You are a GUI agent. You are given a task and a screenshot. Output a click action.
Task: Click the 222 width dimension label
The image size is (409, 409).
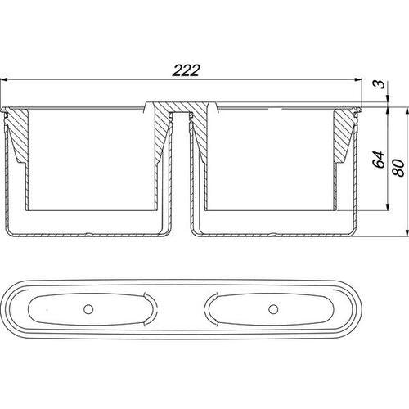tap(187, 70)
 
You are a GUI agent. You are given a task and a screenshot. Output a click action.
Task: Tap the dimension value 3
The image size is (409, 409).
tap(380, 83)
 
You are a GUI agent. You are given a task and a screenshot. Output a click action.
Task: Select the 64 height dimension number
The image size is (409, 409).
tap(379, 160)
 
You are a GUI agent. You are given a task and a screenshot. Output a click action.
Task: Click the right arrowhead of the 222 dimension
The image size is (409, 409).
tap(358, 79)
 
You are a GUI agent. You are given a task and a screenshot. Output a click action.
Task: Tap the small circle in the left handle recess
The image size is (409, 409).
tap(88, 309)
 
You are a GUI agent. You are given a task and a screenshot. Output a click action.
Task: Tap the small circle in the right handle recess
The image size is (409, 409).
tap(273, 309)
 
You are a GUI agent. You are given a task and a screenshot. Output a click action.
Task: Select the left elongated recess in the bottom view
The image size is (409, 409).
tap(91, 309)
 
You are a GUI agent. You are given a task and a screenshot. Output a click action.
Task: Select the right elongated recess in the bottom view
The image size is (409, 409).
tap(272, 309)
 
